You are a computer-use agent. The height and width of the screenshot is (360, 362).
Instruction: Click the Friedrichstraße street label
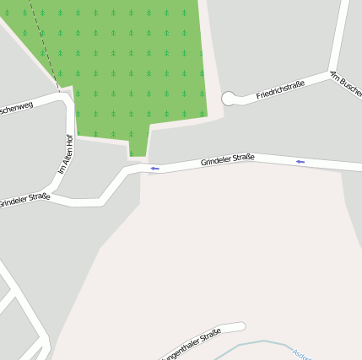280,89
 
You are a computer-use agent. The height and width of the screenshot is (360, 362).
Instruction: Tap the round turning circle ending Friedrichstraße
228,99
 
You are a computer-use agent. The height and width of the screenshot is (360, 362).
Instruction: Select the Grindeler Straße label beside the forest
227,158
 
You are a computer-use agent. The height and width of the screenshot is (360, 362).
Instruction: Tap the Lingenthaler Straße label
190,343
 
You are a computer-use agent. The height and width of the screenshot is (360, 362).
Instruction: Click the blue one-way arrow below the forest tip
154,169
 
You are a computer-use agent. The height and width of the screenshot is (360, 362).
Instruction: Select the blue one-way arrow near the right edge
300,161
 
